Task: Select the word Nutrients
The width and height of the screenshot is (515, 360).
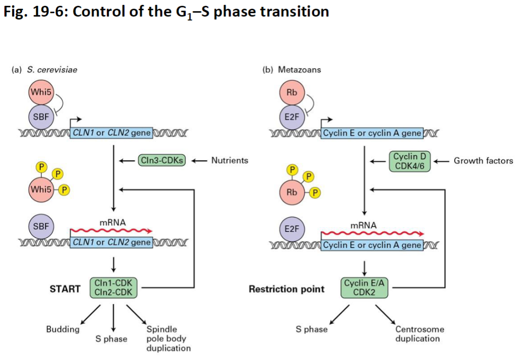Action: (x=230, y=160)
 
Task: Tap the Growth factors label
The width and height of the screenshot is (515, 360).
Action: (x=483, y=160)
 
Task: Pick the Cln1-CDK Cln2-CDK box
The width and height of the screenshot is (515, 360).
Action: (x=114, y=287)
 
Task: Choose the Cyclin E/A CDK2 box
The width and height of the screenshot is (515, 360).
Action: (x=364, y=287)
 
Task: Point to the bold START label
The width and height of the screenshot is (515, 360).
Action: (x=65, y=289)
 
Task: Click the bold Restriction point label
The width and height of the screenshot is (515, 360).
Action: (x=286, y=289)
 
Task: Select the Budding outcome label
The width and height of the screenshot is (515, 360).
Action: (x=63, y=329)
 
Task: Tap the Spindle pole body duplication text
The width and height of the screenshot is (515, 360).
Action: (x=168, y=338)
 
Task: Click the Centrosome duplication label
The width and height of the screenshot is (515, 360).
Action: (x=419, y=334)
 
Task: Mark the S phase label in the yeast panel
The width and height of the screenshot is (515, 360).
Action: (x=111, y=339)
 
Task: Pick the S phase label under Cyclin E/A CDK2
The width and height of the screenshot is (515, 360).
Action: (x=311, y=329)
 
